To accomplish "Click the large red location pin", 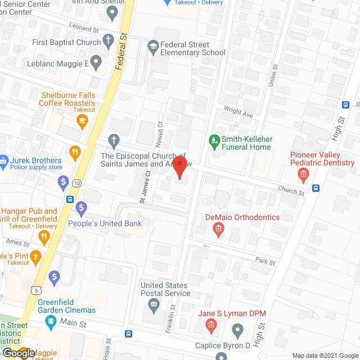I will pyautogui.click(x=179, y=167).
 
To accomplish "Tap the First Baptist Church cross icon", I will pyautogui.click(x=109, y=42).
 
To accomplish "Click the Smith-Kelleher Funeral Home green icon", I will pyautogui.click(x=214, y=139).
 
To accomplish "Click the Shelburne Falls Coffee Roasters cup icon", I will pyautogui.click(x=83, y=120).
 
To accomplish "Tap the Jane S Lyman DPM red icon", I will pyautogui.click(x=211, y=325).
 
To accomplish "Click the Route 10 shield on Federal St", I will pyautogui.click(x=76, y=183).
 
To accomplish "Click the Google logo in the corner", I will pyautogui.click(x=18, y=352).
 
